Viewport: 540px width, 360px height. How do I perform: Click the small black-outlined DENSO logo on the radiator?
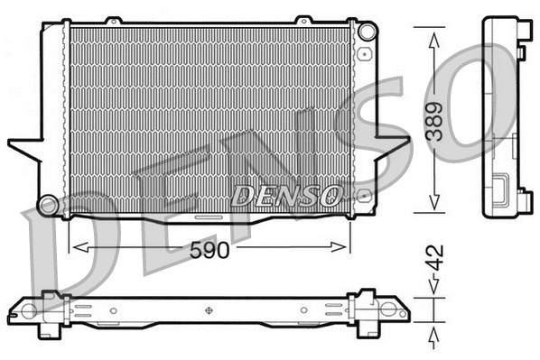click(x=287, y=194)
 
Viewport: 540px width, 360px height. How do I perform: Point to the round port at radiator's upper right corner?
click(x=367, y=32)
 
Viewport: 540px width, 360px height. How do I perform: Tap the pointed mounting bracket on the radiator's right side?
click(x=384, y=145)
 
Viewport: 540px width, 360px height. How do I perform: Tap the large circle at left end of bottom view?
click(x=28, y=311)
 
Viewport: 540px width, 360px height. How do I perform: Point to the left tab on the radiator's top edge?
click(x=113, y=20)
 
